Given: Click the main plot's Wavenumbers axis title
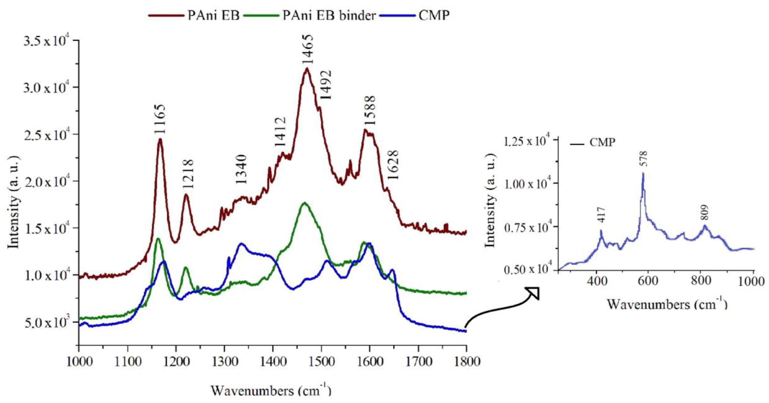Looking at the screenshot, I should coord(271,390).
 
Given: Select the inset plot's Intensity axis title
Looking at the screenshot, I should coord(490,205).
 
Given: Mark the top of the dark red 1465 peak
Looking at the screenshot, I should coord(307,68).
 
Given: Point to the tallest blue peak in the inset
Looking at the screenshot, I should coord(643,173).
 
